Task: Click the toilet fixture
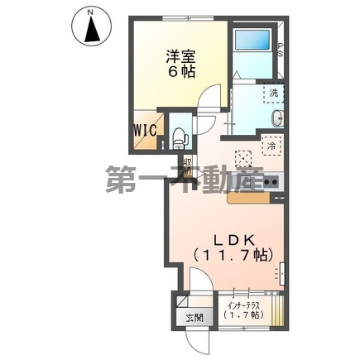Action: coord(181,133)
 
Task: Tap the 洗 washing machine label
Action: coord(274,92)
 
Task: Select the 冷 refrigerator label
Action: coord(273,146)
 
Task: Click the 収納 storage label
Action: coord(187,164)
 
